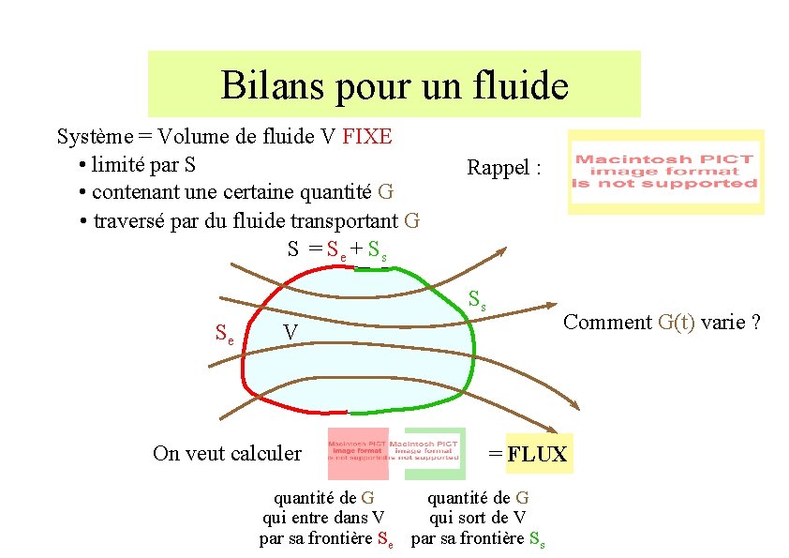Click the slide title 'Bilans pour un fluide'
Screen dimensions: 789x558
pyautogui.click(x=394, y=86)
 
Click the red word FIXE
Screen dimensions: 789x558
pyautogui.click(x=367, y=137)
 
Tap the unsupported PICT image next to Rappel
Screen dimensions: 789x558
pyautogui.click(x=665, y=172)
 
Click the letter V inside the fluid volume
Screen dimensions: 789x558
pyautogui.click(x=291, y=334)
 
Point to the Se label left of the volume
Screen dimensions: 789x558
pyautogui.click(x=225, y=332)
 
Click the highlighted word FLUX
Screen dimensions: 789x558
pyautogui.click(x=538, y=455)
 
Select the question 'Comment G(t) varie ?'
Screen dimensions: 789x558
pyautogui.click(x=662, y=323)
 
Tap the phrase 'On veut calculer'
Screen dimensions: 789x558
pyautogui.click(x=227, y=454)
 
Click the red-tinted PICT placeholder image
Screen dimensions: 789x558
pyautogui.click(x=358, y=454)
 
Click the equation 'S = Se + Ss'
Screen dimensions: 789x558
pyautogui.click(x=337, y=249)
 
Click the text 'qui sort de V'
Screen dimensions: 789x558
pyautogui.click(x=478, y=518)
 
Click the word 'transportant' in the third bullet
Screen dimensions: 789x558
pyautogui.click(x=343, y=221)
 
